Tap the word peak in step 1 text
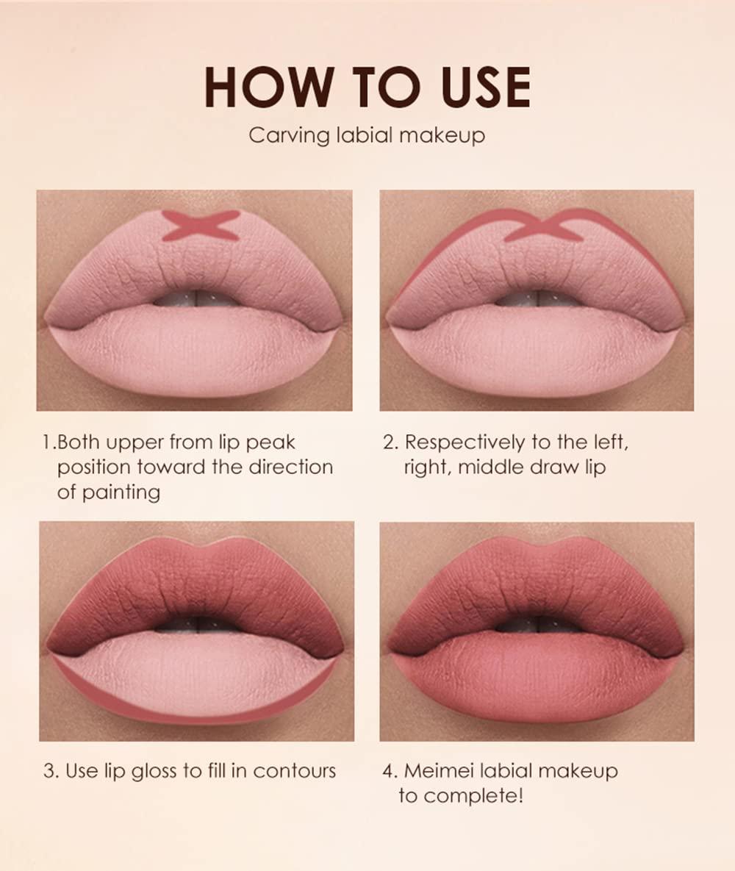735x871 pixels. click(270, 442)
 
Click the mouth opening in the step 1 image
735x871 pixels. click(196, 298)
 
